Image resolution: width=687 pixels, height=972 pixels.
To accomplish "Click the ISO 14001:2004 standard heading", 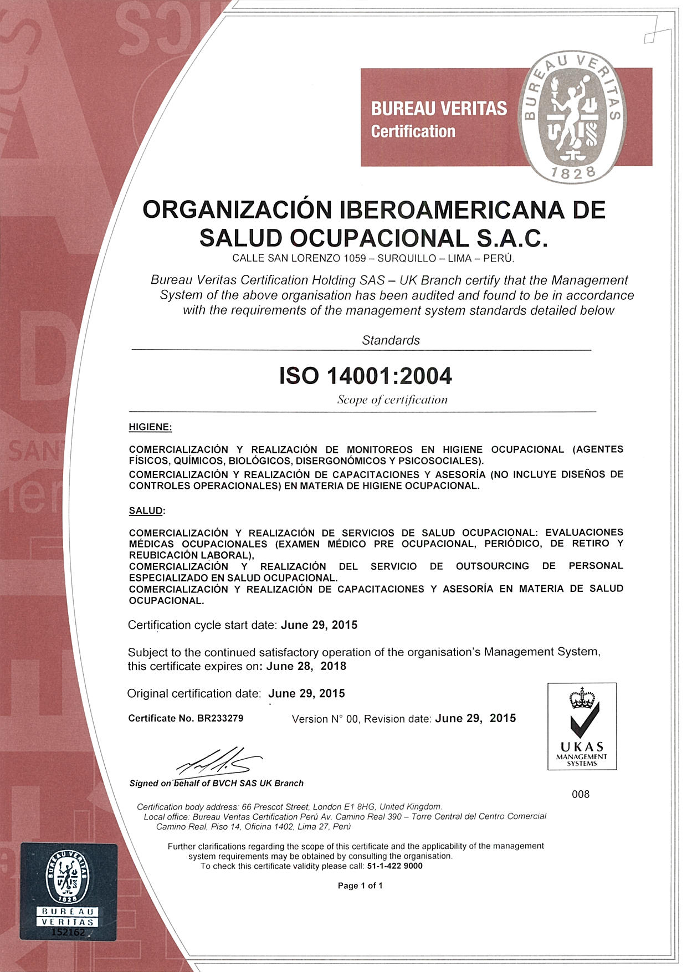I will (x=366, y=376).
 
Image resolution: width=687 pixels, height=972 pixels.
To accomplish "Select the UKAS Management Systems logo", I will (x=582, y=726).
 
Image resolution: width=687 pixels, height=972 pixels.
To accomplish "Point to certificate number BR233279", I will (x=220, y=718).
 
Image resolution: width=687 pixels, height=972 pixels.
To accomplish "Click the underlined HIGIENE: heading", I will (x=150, y=427).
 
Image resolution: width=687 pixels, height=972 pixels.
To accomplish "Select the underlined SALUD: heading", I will (x=147, y=510).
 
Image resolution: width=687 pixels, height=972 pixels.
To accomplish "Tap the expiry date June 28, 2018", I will (x=306, y=666).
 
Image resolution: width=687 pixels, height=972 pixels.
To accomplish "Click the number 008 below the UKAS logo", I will (x=581, y=794).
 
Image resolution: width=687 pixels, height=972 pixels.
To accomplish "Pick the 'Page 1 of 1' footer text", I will (x=360, y=886).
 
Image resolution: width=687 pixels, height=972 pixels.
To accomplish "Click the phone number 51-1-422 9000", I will (x=394, y=866).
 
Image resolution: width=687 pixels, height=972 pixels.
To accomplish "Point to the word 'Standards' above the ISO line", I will (x=391, y=340).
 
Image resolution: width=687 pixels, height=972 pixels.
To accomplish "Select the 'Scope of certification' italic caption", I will (x=392, y=400).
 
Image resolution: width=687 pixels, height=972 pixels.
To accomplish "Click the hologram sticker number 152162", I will (x=68, y=932).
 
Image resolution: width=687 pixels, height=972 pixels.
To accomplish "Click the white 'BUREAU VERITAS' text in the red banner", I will (x=439, y=108).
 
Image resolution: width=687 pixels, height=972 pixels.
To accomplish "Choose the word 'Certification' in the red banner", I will (x=413, y=131).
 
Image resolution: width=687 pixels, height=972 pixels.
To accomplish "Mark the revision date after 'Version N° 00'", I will (x=475, y=718).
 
